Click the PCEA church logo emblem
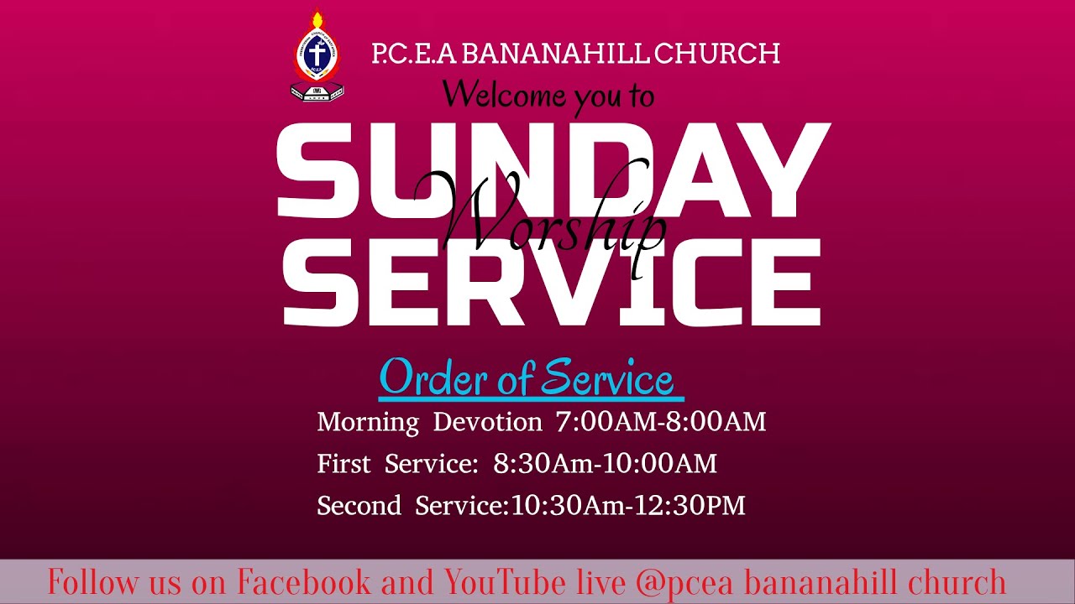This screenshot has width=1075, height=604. click(317, 55)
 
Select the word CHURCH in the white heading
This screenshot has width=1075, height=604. click(716, 55)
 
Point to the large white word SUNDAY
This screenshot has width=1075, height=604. click(553, 172)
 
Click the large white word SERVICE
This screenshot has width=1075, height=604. click(551, 282)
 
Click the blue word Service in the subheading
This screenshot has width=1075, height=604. click(606, 379)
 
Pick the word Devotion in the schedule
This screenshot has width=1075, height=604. click(488, 422)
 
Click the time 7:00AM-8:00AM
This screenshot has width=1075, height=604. click(661, 422)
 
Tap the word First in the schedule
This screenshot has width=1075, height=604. click(343, 464)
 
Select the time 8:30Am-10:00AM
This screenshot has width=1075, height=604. click(605, 464)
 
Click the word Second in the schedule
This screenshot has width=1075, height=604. click(359, 506)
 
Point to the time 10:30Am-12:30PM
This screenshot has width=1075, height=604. click(627, 506)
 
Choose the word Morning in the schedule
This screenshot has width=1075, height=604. click(368, 422)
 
